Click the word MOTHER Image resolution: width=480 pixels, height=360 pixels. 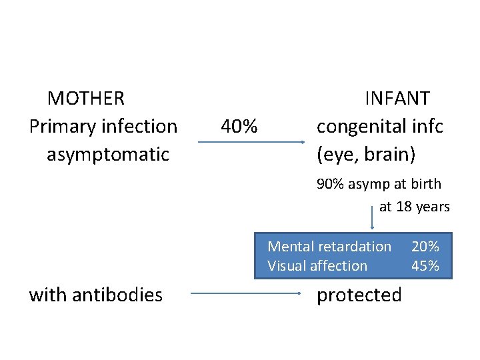pyautogui.click(x=86, y=99)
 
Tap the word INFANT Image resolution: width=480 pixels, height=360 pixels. pyautogui.click(x=397, y=99)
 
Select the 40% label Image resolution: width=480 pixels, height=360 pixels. pyautogui.click(x=239, y=126)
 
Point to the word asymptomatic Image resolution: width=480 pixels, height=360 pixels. pyautogui.click(x=108, y=155)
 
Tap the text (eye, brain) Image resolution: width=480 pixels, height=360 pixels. pyautogui.click(x=366, y=155)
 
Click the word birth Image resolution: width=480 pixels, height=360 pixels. pyautogui.click(x=425, y=184)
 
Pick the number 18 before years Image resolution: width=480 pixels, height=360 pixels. pyautogui.click(x=404, y=207)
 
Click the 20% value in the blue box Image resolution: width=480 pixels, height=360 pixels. pyautogui.click(x=425, y=247)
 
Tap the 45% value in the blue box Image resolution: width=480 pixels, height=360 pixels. pyautogui.click(x=425, y=266)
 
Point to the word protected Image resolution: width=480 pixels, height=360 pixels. pyautogui.click(x=359, y=295)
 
